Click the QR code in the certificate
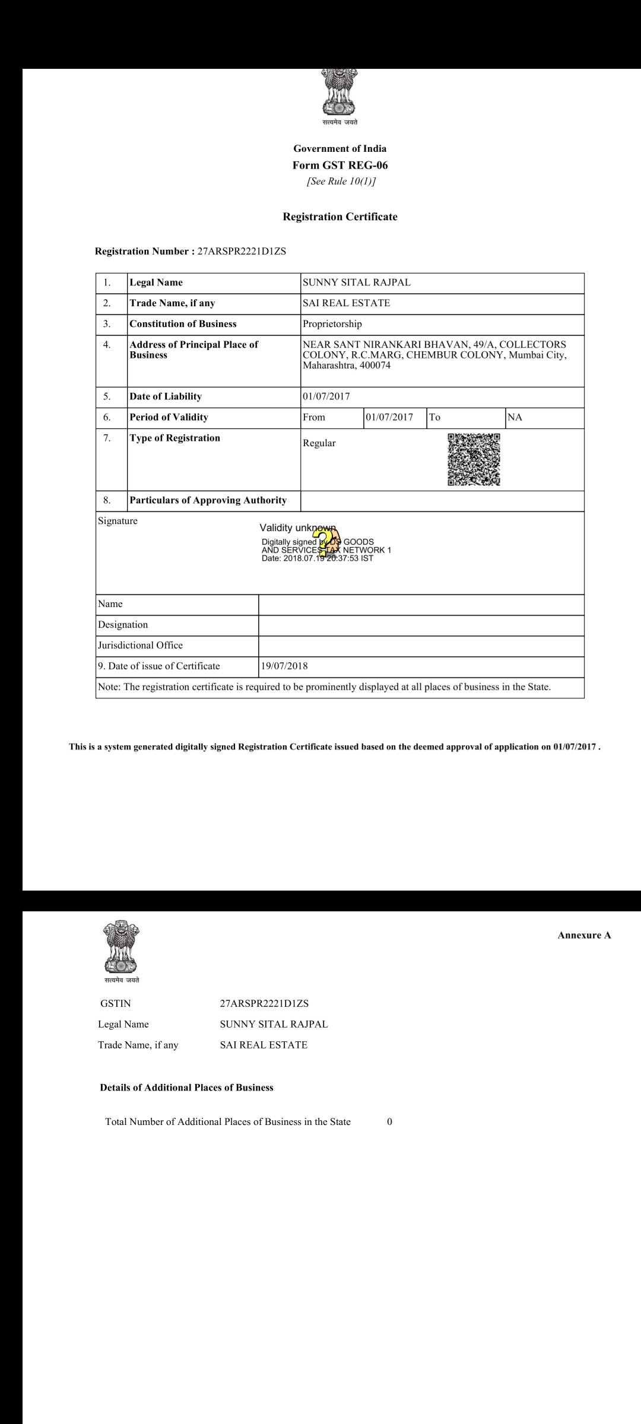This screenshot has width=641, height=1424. click(x=474, y=460)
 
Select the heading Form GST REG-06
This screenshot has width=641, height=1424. click(x=340, y=165)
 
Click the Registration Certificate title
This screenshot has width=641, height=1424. click(x=340, y=217)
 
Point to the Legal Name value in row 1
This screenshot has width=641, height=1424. click(x=356, y=282)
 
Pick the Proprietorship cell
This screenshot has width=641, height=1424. click(x=332, y=324)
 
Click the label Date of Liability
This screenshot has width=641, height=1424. click(x=166, y=396)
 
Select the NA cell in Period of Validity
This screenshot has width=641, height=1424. click(x=515, y=417)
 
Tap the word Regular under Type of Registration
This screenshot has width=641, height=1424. click(x=319, y=443)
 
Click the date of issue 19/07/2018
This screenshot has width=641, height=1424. click(x=284, y=666)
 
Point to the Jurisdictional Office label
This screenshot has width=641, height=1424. click(x=140, y=645)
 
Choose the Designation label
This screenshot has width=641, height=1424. click(x=123, y=624)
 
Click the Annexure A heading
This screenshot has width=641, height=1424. click(x=584, y=935)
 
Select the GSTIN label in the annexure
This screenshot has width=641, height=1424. click(x=116, y=1003)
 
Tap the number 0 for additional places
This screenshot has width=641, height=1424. click(x=389, y=1121)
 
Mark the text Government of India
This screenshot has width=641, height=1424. click(x=340, y=148)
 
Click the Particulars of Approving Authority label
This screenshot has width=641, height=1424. click(x=208, y=500)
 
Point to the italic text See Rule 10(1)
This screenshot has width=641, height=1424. click(x=341, y=181)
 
